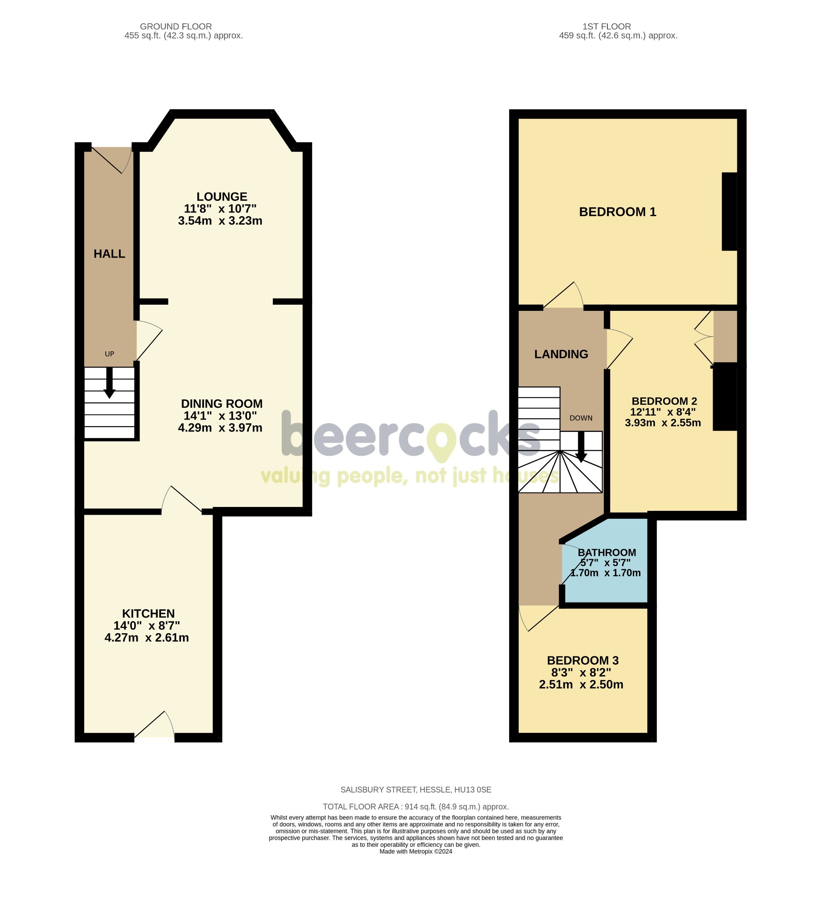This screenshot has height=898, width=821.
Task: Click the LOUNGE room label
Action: click(x=221, y=196)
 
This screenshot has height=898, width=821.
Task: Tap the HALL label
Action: click(x=109, y=254)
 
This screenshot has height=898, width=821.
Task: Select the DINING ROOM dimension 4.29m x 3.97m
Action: click(x=220, y=428)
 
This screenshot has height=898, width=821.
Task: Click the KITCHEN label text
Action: click(x=148, y=613)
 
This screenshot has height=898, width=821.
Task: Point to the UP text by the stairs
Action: click(x=109, y=354)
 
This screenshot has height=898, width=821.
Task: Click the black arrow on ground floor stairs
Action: click(x=109, y=384)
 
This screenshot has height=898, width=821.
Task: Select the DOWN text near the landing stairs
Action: click(x=581, y=418)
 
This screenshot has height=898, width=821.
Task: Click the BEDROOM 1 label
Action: click(x=617, y=212)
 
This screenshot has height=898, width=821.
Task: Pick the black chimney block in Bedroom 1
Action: click(x=729, y=212)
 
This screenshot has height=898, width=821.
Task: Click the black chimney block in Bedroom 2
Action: click(x=725, y=397)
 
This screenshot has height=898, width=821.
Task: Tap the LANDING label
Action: click(x=561, y=354)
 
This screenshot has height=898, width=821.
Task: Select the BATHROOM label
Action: click(x=606, y=552)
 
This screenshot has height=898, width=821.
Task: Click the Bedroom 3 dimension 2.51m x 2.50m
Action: click(x=581, y=684)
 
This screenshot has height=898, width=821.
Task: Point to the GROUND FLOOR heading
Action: click(x=175, y=27)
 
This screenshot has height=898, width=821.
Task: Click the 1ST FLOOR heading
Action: click(x=606, y=27)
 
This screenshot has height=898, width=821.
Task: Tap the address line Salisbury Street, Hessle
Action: click(x=415, y=790)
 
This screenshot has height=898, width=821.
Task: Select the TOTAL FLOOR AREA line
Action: click(x=415, y=807)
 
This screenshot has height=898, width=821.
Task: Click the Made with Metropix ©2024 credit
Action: click(x=415, y=851)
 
